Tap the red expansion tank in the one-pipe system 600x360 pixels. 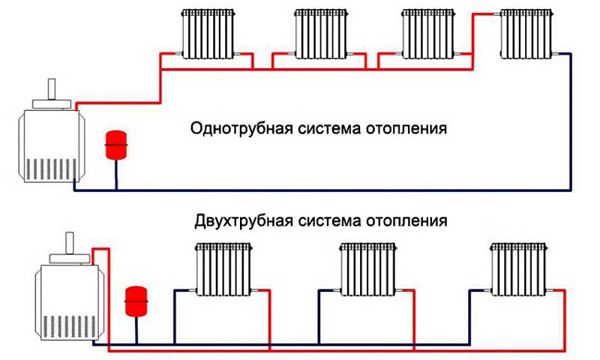click(116, 145)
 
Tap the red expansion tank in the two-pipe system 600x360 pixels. click(136, 301)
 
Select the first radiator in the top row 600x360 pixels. click(208, 34)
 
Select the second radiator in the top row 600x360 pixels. click(321, 34)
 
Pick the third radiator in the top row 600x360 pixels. click(428, 34)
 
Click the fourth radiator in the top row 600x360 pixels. click(526, 34)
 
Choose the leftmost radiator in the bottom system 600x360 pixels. click(223, 269)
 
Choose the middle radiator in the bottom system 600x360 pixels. click(368, 269)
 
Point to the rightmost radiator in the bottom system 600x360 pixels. click(519, 269)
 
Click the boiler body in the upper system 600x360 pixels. click(52, 145)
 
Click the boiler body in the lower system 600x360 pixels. click(69, 302)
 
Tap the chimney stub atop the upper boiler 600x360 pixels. click(52, 89)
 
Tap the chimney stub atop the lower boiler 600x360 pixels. click(70, 243)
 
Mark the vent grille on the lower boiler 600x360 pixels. click(69, 326)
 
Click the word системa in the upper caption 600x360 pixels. click(329, 128)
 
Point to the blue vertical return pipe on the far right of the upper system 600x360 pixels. click(571, 121)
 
